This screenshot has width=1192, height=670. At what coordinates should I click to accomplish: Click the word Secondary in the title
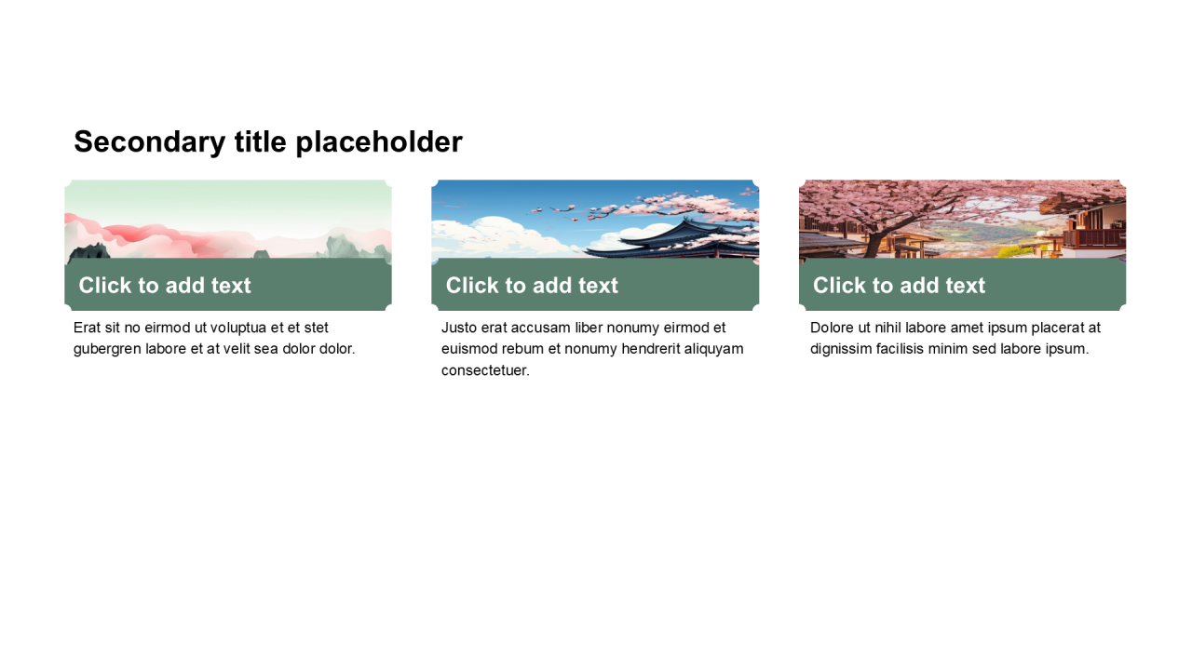pyautogui.click(x=150, y=142)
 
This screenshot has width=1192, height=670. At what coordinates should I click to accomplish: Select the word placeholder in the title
pyautogui.click(x=379, y=142)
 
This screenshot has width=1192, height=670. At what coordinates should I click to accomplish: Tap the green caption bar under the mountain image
pyautogui.click(x=228, y=285)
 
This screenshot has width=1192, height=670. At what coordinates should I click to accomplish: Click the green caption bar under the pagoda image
pyautogui.click(x=595, y=285)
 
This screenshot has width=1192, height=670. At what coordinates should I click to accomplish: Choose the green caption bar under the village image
pyautogui.click(x=962, y=285)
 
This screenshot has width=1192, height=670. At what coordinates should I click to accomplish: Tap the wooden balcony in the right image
pyautogui.click(x=1093, y=237)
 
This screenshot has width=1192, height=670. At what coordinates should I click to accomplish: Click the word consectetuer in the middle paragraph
pyautogui.click(x=485, y=370)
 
